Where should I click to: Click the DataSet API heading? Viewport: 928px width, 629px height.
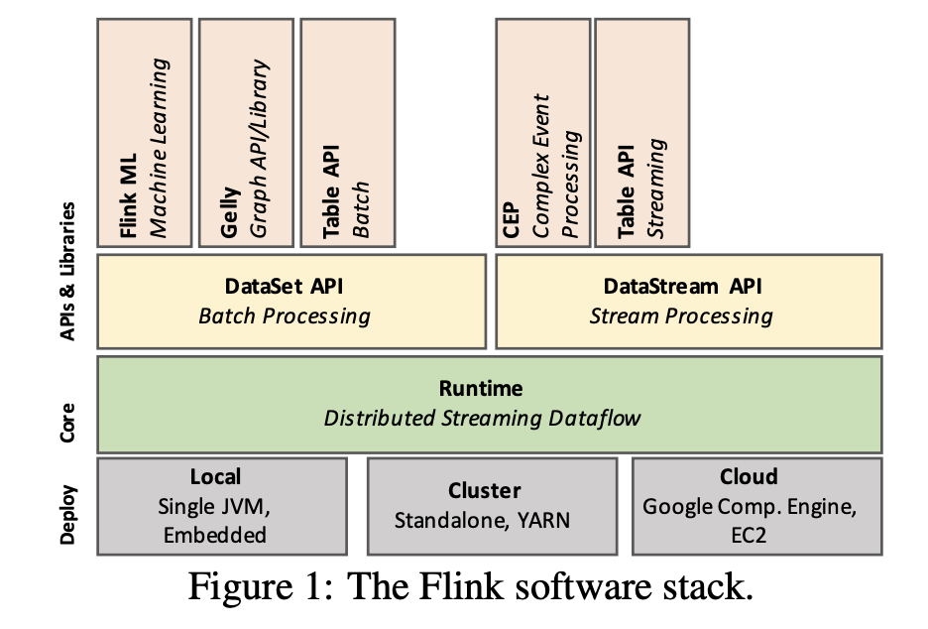tap(285, 287)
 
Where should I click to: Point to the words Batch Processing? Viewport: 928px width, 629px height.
tap(285, 316)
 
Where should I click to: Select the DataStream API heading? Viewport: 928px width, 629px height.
tap(682, 287)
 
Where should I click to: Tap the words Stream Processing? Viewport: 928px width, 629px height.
tap(681, 316)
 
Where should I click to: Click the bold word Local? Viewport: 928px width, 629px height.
tap(214, 476)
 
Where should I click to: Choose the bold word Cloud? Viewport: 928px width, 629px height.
tap(749, 476)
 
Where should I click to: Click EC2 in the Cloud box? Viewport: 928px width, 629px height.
tap(749, 535)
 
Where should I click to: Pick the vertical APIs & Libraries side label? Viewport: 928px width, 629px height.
tap(68, 272)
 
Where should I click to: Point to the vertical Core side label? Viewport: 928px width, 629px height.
tap(68, 404)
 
